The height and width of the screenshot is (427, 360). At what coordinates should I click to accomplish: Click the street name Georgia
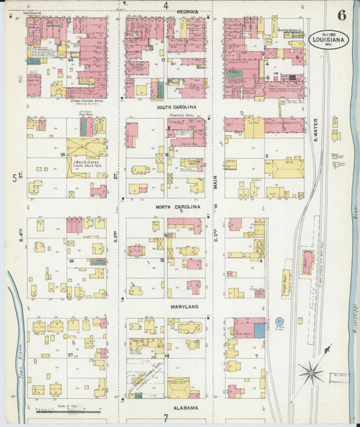(x=188, y=12)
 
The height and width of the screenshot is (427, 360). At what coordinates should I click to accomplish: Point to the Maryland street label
(x=183, y=307)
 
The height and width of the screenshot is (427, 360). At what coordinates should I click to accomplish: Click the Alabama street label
(x=184, y=408)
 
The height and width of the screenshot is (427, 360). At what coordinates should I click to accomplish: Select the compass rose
(x=311, y=370)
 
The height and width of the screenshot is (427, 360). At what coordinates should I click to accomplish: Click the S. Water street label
(x=315, y=130)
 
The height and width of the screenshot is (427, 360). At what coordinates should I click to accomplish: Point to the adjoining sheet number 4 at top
(x=166, y=6)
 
